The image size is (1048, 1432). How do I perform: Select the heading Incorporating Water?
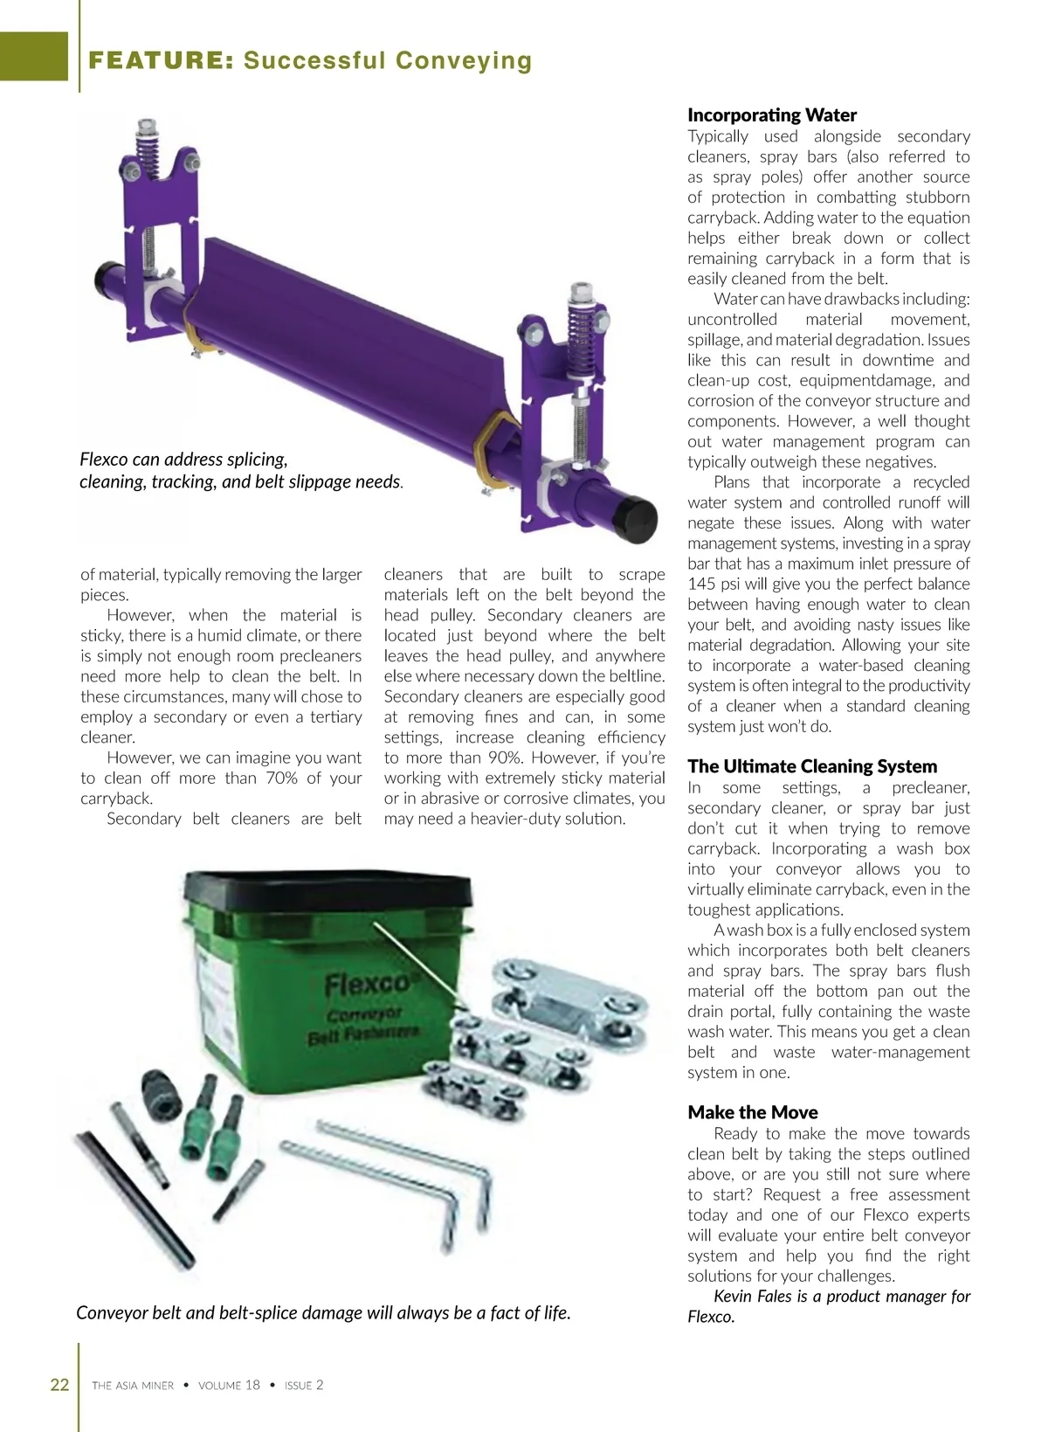772,115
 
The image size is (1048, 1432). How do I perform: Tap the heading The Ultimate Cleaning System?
812,766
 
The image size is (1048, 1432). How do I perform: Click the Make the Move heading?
753,1112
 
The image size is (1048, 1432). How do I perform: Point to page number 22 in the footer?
59,1384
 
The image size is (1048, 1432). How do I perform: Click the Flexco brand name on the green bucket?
367,985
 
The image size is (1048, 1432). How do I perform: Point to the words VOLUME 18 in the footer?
229,1385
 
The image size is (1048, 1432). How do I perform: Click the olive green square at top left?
33,56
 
